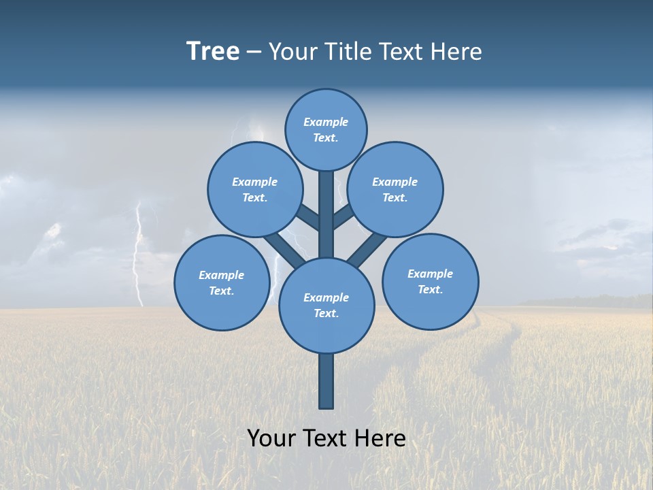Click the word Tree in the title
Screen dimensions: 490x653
point(213,52)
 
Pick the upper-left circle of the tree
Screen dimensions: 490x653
point(255,189)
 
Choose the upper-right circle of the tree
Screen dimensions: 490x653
point(395,189)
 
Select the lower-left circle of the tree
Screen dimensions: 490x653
point(222,282)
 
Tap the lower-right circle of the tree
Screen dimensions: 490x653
point(430,281)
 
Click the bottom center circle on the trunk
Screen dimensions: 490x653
point(326,305)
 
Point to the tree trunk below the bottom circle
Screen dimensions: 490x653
point(326,381)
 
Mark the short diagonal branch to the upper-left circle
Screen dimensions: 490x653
point(308,218)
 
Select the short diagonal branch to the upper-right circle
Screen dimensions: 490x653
point(344,217)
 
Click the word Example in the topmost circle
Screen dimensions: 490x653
point(326,122)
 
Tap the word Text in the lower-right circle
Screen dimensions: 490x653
point(430,289)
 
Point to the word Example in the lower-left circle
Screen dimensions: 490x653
point(221,275)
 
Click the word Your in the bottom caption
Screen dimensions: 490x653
point(271,438)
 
